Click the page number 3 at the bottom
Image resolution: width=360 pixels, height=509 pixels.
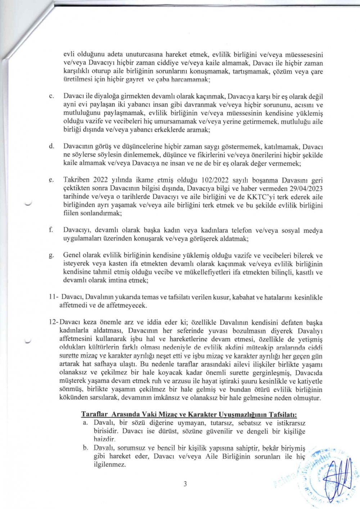(185, 484)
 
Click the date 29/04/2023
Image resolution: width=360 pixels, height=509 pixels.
(306, 189)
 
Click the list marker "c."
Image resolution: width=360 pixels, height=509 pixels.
(51, 96)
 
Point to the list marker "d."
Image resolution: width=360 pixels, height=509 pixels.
(51, 146)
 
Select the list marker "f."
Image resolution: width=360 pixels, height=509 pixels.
(51, 230)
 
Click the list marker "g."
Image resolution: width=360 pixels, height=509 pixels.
(51, 255)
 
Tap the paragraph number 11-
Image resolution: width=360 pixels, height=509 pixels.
(54, 297)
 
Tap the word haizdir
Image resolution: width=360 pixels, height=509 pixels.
(104, 440)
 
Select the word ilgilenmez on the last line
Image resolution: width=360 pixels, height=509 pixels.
(109, 465)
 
